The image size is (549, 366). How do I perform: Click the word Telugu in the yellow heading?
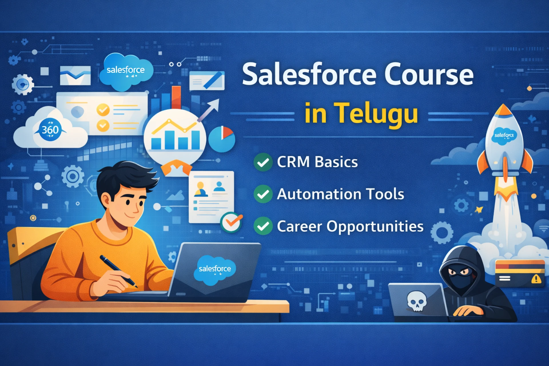(x=377, y=113)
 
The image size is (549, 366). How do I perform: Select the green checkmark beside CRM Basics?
(x=263, y=162)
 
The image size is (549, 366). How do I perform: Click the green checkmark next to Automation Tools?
(x=263, y=194)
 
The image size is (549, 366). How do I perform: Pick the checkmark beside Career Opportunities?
(x=263, y=226)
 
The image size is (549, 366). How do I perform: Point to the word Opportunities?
(x=375, y=227)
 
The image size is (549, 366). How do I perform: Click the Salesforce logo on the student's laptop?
(x=215, y=269)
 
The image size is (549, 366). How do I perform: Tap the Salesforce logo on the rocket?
(x=504, y=136)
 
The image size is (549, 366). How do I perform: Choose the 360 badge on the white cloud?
(x=50, y=130)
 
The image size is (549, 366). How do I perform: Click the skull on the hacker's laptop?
(x=417, y=301)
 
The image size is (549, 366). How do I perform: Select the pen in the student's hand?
(x=118, y=270)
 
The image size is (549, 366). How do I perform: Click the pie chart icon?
(x=222, y=139)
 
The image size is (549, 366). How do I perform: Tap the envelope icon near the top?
(x=75, y=75)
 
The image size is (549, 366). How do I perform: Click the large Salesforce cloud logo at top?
(x=126, y=71)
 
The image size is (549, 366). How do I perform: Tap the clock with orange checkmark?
(x=231, y=222)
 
